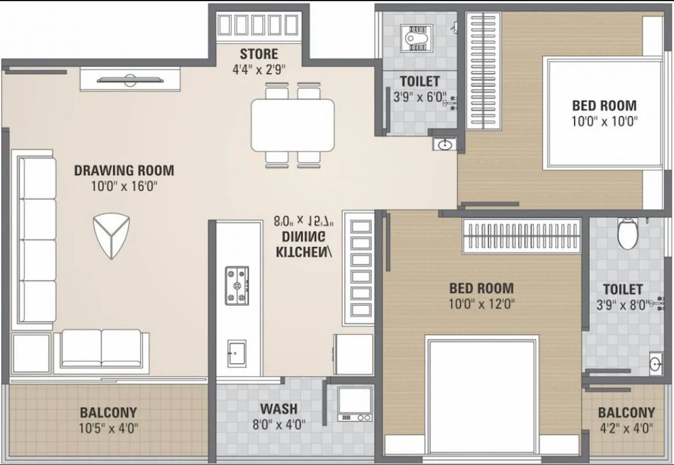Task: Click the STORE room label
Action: click(x=259, y=54)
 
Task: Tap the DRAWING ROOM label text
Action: click(x=124, y=170)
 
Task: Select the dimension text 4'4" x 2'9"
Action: click(x=259, y=70)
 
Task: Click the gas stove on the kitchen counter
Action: click(x=237, y=286)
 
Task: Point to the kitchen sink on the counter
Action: click(x=237, y=353)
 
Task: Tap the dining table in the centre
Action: click(x=292, y=125)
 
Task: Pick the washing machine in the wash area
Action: click(x=355, y=403)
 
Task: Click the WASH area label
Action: click(x=278, y=408)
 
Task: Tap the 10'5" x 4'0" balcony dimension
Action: click(x=108, y=428)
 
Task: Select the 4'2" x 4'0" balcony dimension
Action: click(x=626, y=428)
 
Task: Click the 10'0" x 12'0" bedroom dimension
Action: click(x=481, y=303)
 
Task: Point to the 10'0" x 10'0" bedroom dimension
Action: click(x=604, y=121)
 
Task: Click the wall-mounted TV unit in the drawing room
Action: click(x=130, y=79)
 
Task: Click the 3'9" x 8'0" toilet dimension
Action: click(x=622, y=304)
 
